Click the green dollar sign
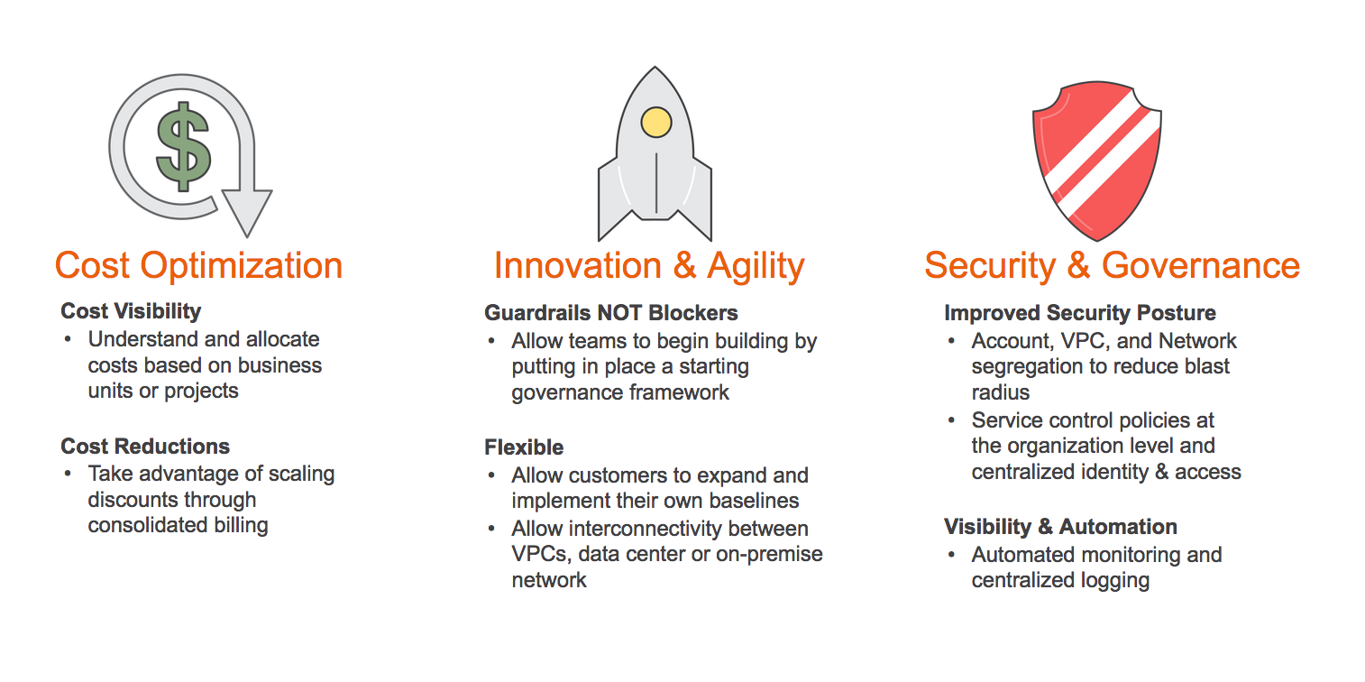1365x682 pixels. click(183, 146)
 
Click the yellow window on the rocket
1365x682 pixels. click(655, 122)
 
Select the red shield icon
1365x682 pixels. click(1097, 161)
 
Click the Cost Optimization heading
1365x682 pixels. click(198, 266)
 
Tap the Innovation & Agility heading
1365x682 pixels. click(649, 266)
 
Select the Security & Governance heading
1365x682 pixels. click(1113, 266)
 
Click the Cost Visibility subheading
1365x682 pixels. click(131, 311)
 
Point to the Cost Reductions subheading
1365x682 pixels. click(145, 447)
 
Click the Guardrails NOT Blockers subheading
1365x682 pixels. click(610, 313)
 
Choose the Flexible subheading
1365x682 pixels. click(524, 447)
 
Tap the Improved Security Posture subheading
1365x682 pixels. click(1080, 313)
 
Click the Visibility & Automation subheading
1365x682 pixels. click(1060, 527)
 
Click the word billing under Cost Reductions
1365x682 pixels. click(241, 525)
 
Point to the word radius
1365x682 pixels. click(1000, 392)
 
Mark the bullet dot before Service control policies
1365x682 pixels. click(951, 419)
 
